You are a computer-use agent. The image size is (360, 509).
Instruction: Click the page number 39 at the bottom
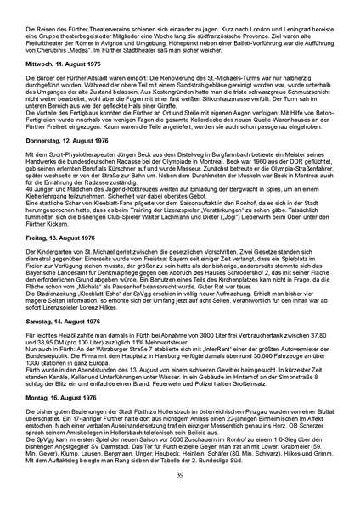tap(180, 485)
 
